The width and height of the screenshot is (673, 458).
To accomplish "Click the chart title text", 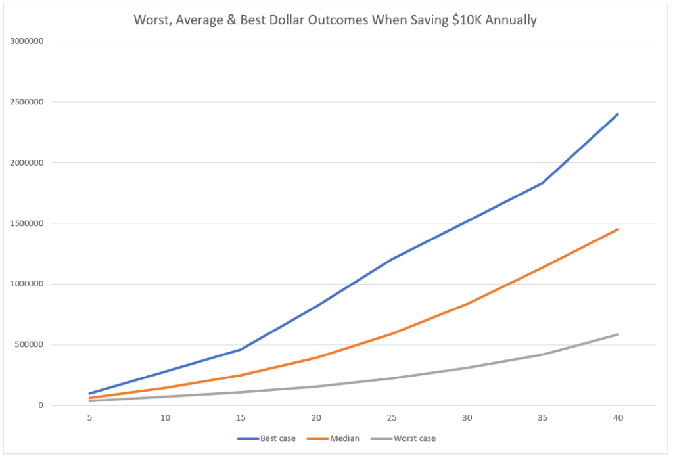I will coord(335,20).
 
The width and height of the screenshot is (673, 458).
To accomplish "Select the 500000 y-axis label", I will coord(30,345).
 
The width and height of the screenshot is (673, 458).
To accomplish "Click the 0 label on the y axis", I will coord(41,405).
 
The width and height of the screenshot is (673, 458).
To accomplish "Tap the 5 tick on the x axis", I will coord(89,418).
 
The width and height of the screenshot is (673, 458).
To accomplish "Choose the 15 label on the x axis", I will coord(241,418).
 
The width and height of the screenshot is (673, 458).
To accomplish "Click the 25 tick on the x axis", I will coord(392,418).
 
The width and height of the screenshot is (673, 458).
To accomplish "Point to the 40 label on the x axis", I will coord(618,418).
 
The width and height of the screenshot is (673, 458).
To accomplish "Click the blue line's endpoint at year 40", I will coord(618,114).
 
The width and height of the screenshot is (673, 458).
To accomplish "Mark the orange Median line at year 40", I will coord(618,229).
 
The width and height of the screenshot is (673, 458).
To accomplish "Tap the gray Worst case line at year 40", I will coord(618,334).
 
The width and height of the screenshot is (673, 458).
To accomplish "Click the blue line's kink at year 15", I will coord(241,350).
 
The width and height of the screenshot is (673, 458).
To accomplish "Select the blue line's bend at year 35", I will coord(543,183).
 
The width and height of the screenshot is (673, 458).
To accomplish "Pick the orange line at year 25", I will coord(392,334).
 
